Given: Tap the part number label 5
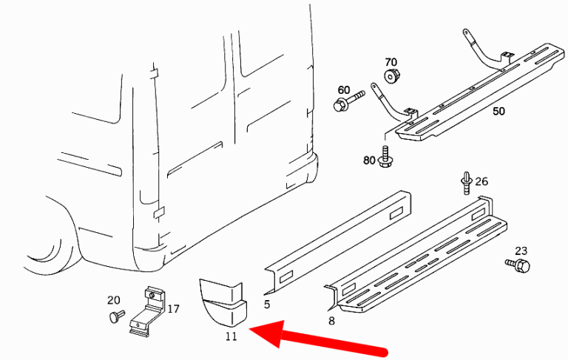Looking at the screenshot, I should click(266, 304).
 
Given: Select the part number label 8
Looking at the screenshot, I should click(331, 320).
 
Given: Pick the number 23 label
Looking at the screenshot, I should click(521, 251).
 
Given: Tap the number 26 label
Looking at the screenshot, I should click(481, 180).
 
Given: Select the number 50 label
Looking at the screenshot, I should click(498, 111).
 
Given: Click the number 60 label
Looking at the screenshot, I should click(344, 89).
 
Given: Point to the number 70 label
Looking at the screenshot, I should click(390, 61).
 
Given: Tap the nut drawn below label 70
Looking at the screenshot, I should click(391, 76).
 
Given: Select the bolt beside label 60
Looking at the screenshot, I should click(348, 102).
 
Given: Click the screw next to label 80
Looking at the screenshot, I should click(385, 157).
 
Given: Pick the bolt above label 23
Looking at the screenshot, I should click(518, 264).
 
